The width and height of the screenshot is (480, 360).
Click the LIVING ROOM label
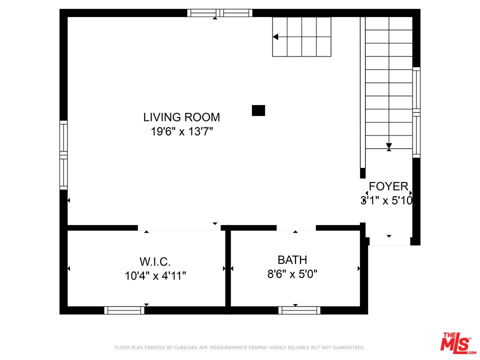tap(181, 117)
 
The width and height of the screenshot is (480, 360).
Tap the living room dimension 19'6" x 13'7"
tap(181, 132)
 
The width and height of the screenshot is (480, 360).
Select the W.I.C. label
tap(155, 261)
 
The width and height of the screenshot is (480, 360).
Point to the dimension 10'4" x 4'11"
tap(155, 275)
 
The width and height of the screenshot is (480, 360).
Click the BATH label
tap(292, 260)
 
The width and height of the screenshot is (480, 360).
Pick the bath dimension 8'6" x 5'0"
tap(292, 274)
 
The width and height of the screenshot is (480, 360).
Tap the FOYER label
tap(388, 187)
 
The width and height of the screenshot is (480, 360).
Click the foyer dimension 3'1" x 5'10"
tap(386, 201)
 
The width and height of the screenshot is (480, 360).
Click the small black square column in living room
tap(258, 110)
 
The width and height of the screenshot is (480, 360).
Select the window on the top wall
tap(219, 13)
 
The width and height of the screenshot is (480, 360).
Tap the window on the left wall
tap(63, 155)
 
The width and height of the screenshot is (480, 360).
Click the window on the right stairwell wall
tap(416, 112)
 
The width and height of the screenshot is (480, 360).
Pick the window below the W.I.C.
tap(124, 310)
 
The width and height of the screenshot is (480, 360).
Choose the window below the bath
tap(299, 310)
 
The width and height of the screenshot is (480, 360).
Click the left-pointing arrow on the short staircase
tap(275, 37)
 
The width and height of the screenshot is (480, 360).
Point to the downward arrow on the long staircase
tap(388, 146)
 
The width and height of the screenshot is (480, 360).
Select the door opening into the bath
tap(296, 228)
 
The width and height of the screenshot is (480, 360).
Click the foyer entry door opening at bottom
tap(389, 241)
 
